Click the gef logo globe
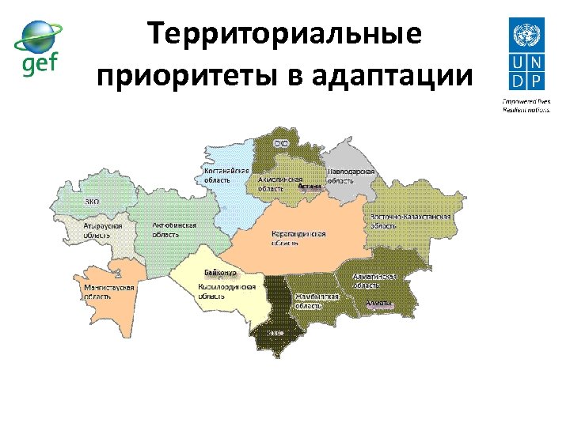coord(37,35)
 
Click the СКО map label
coord(281,144)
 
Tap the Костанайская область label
coord(226,175)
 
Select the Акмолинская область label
coord(280,184)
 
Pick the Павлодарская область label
coord(351,176)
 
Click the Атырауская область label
coord(102,230)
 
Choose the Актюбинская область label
coord(173,230)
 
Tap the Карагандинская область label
coord(298,239)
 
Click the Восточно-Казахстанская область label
coord(411,221)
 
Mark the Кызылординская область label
coord(227,291)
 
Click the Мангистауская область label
coord(110,292)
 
